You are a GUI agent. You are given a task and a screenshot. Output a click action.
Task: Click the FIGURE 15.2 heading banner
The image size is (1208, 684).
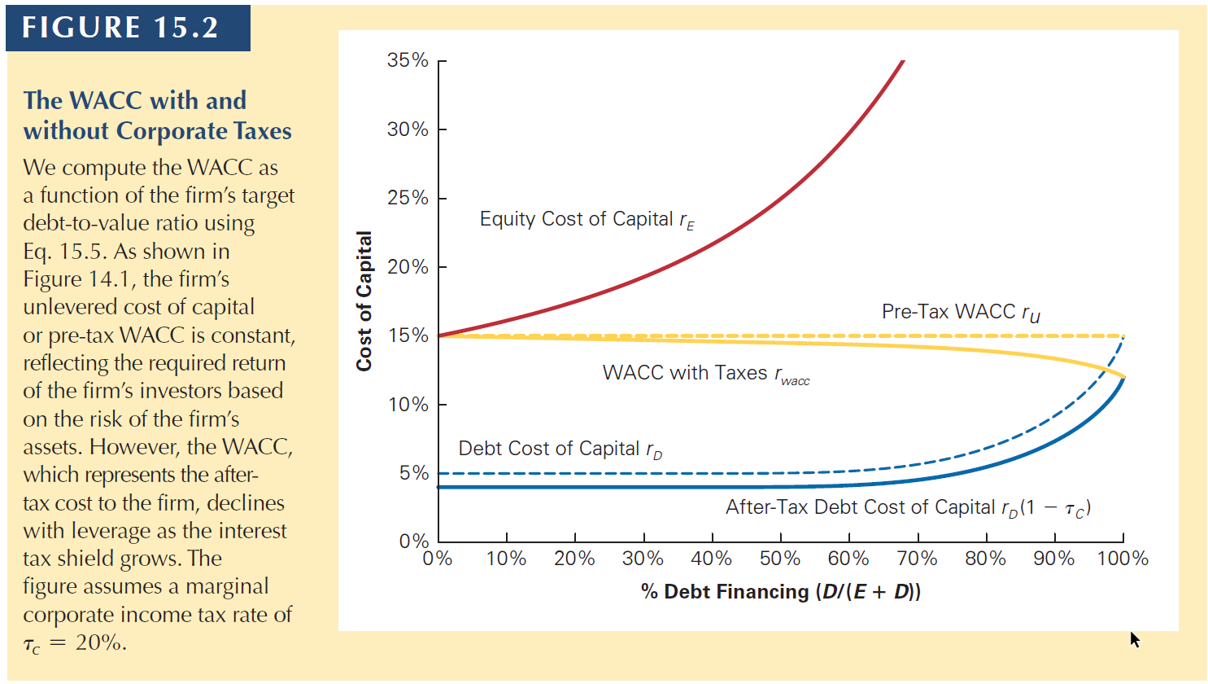121,28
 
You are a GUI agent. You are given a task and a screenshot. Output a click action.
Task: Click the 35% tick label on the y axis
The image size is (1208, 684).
408,60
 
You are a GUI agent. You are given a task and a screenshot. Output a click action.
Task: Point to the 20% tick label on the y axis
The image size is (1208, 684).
408,267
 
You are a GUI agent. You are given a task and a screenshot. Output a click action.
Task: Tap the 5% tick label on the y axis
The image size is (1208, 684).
413,473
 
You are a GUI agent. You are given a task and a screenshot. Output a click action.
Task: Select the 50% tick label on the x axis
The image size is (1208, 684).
780,559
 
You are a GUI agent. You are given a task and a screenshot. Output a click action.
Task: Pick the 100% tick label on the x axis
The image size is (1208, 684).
1123,559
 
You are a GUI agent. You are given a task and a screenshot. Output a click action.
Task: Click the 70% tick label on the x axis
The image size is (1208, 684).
917,559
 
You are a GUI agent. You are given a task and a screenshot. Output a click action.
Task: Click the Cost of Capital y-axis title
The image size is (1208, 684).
364,301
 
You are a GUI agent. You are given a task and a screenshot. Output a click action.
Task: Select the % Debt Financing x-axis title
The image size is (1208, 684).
781,592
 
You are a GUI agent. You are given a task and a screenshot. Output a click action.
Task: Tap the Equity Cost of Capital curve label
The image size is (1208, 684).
587,220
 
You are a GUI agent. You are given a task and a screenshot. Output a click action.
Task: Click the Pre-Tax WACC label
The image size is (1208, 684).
960,313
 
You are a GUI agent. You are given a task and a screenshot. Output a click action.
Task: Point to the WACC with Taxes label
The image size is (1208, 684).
705,374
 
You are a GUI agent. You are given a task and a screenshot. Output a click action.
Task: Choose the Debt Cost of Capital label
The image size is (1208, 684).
560,449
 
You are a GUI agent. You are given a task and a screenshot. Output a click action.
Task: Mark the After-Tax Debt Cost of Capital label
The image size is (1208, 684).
908,508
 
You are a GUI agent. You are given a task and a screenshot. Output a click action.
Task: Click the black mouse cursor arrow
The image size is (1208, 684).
1135,639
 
